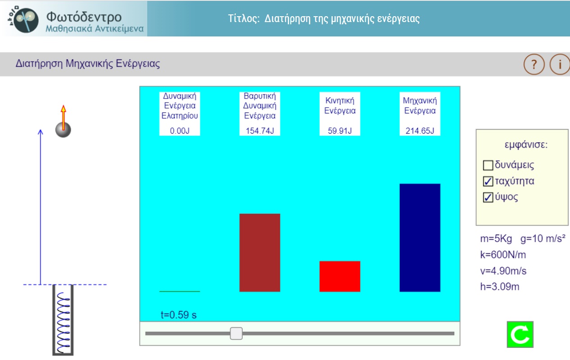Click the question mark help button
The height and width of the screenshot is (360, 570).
(x=534, y=64)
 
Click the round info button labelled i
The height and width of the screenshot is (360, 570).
(x=560, y=64)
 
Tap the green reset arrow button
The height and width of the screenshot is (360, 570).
(x=520, y=334)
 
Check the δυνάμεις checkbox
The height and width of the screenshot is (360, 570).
(x=488, y=165)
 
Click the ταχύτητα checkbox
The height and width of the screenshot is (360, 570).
(x=488, y=181)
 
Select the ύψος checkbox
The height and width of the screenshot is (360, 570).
(x=488, y=198)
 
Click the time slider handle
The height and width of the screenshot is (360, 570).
(x=236, y=333)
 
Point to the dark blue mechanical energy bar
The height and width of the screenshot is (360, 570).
(x=420, y=238)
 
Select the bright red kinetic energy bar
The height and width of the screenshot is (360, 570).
(x=340, y=276)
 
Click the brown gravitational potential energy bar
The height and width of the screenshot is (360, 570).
(x=259, y=252)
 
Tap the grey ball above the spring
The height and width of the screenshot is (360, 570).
(x=63, y=130)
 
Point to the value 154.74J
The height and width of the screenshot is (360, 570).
(x=260, y=131)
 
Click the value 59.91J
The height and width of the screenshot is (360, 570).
(x=340, y=131)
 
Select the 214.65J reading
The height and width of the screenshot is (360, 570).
(x=420, y=131)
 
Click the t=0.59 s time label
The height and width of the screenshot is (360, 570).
(x=179, y=315)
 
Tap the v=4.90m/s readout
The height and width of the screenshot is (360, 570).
(x=503, y=271)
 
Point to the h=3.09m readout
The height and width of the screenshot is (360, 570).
(x=499, y=287)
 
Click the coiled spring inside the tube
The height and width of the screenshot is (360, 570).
(x=63, y=323)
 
